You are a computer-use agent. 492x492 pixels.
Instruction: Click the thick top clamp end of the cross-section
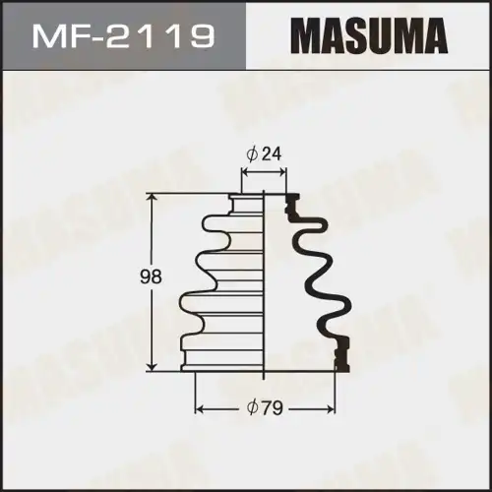[291, 206]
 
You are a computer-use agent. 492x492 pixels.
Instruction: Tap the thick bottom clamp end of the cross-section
[341, 355]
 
